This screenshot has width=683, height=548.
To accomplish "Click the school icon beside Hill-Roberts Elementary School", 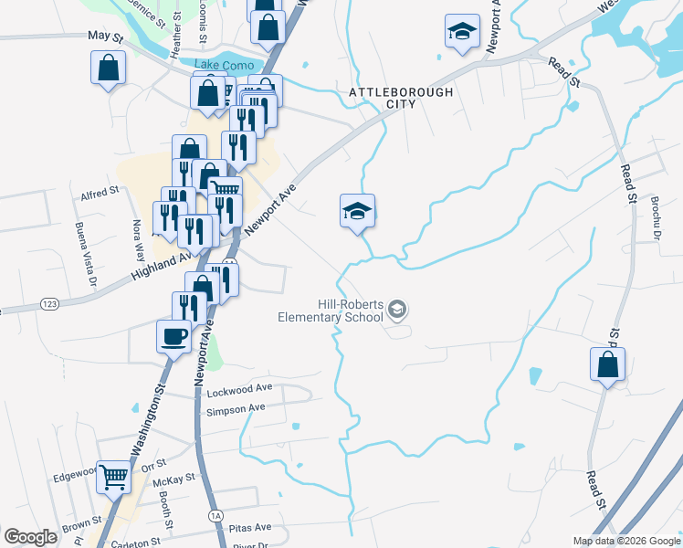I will (x=397, y=311).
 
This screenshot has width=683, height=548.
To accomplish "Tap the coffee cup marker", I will (x=173, y=337).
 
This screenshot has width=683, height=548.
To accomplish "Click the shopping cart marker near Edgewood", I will (x=113, y=475).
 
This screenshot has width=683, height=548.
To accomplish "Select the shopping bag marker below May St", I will (x=108, y=68).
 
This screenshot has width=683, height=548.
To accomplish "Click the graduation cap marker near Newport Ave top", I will (x=462, y=31).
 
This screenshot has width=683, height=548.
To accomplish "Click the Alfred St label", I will (x=100, y=192).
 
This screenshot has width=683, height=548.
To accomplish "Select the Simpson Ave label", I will (x=236, y=410).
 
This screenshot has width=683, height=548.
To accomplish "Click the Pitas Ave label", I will (x=251, y=528).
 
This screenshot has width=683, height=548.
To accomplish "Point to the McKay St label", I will (x=175, y=478).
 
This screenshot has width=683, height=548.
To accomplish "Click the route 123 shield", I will (x=51, y=302).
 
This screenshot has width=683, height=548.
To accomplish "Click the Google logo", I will (x=31, y=536).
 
